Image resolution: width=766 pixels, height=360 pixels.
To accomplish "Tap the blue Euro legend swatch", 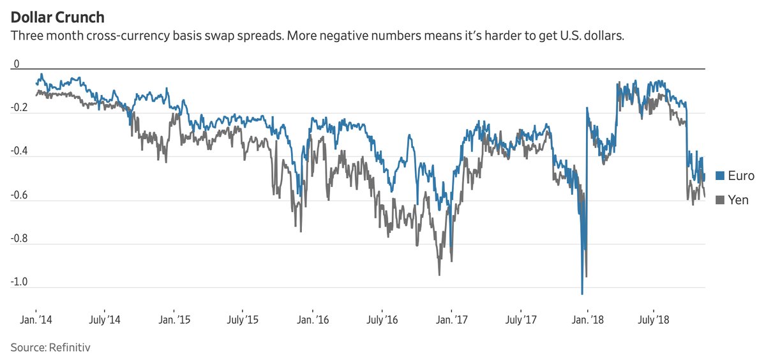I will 719,176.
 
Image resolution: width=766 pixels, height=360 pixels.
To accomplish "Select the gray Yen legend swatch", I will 719,200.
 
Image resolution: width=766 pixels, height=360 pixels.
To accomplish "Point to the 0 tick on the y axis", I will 17,64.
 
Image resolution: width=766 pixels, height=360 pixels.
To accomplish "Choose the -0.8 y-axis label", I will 20,239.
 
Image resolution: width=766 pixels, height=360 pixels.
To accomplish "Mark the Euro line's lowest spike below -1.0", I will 582,294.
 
